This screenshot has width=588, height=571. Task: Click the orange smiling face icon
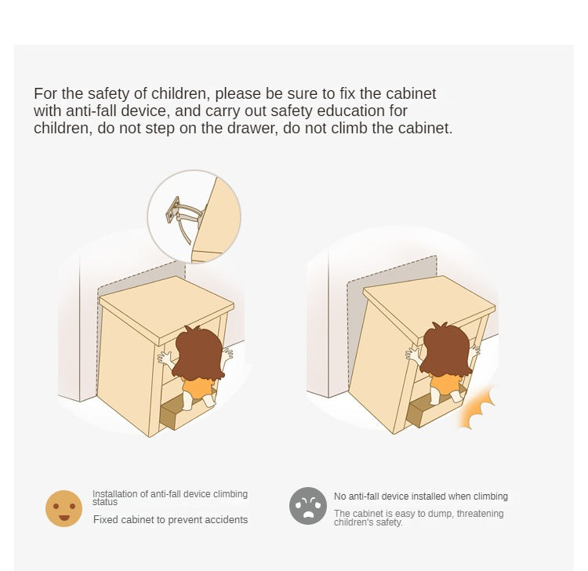coord(64,508)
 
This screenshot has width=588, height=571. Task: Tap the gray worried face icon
coord(308,506)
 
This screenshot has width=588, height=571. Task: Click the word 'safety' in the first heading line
coord(109,93)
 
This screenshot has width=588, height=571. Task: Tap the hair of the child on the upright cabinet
coord(198,353)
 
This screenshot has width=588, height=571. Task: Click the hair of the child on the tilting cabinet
coord(445,350)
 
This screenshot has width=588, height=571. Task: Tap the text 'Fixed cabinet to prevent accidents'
coord(171,519)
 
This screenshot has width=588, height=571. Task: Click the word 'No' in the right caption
coord(340,496)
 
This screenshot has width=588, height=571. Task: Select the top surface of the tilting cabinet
coord(430,308)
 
